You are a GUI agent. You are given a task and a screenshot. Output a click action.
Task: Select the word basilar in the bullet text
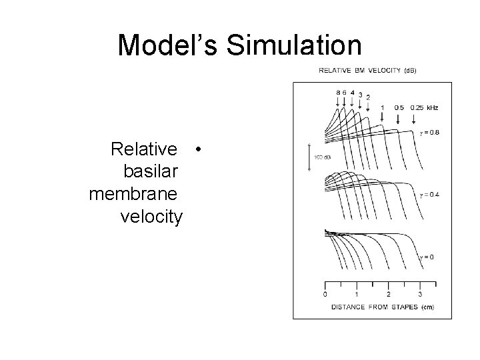tap(151, 171)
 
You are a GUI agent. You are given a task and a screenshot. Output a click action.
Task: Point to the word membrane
tap(133, 194)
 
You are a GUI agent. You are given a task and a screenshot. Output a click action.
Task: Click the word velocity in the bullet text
tap(151, 217)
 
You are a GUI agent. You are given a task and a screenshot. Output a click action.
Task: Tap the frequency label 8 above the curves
tap(338, 92)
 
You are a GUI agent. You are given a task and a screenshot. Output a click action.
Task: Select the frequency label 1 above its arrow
tap(383, 107)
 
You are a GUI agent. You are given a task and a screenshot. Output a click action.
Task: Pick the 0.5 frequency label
tap(399, 107)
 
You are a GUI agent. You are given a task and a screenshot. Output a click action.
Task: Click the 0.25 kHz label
tap(425, 107)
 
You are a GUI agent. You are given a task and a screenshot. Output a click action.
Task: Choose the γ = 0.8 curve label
tap(429, 133)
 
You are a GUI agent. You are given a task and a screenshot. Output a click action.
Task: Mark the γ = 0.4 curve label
tap(429, 195)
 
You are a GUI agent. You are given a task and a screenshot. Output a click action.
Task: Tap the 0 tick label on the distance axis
tap(325, 294)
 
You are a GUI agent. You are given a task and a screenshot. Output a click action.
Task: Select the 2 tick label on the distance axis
tap(389, 294)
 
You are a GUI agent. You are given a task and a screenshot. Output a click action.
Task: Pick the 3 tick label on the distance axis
tap(420, 294)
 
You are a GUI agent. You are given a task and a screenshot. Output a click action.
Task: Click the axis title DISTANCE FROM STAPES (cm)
tap(373, 307)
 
